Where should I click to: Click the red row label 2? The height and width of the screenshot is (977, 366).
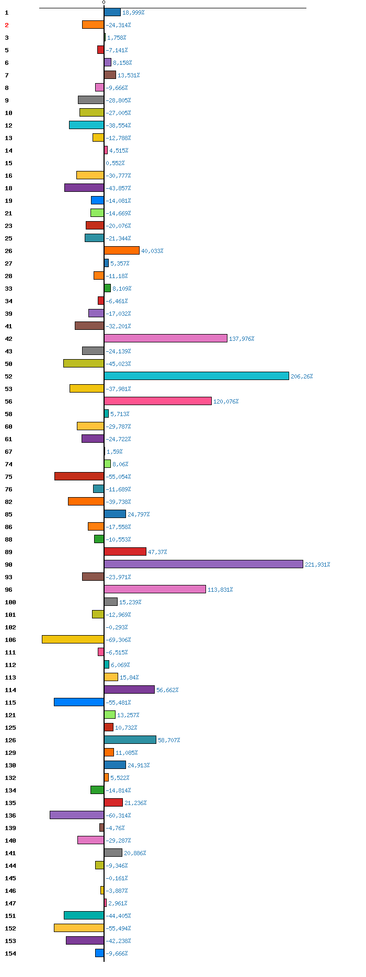click(7, 25)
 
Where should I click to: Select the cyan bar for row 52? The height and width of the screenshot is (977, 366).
click(197, 376)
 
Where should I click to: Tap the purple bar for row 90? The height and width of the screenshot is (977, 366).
click(203, 564)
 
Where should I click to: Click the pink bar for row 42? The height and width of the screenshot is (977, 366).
click(166, 338)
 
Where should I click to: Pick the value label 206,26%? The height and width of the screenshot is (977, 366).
click(302, 376)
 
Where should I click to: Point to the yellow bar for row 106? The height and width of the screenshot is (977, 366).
click(73, 639)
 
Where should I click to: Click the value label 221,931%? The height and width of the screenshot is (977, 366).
click(317, 565)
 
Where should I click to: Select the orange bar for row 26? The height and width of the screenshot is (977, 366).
click(122, 250)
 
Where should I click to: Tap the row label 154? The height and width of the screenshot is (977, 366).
click(10, 953)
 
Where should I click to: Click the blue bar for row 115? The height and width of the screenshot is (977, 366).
click(79, 702)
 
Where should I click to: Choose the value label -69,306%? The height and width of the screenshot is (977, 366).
click(118, 640)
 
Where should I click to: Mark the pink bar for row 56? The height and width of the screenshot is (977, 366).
click(158, 401)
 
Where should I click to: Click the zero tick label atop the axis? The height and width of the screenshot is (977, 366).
click(104, 3)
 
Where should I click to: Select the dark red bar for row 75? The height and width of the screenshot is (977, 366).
click(79, 476)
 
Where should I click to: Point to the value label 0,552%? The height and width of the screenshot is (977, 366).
click(115, 163)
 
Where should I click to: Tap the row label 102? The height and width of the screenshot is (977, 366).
click(10, 627)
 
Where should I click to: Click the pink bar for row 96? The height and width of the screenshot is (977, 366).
click(155, 589)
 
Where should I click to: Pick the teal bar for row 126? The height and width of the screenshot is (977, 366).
click(130, 740)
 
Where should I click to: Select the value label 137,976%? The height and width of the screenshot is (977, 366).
click(242, 339)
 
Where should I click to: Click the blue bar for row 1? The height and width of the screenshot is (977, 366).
click(112, 12)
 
